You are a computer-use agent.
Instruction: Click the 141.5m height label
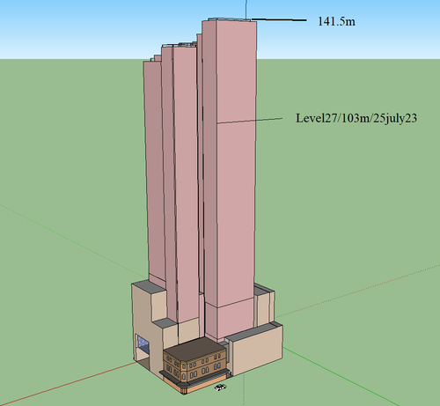(x=336, y=21)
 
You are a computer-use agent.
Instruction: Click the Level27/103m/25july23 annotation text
(x=356, y=118)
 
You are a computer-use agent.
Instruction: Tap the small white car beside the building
(x=220, y=388)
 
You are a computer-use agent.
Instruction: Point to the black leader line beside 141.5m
(x=279, y=19)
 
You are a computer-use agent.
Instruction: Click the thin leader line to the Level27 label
(x=250, y=121)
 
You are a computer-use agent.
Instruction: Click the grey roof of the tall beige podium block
(x=149, y=286)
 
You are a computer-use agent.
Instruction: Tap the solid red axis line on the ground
(x=68, y=384)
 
